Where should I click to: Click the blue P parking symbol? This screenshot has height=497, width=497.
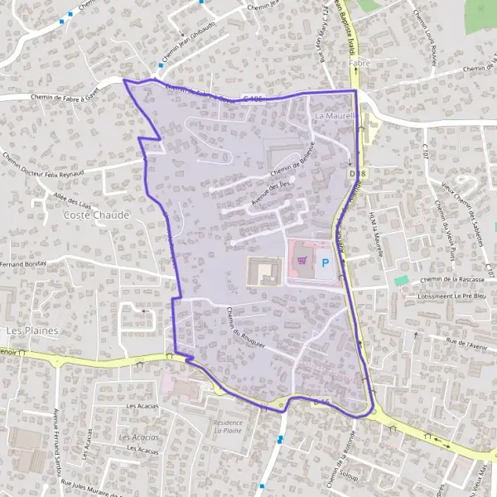[x=325, y=263]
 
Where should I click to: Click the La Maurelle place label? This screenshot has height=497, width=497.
[x=335, y=116]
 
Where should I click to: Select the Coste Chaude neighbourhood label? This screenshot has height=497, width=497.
[x=96, y=215]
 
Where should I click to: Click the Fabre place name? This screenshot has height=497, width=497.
[x=358, y=63]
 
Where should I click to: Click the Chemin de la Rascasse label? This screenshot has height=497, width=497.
[x=451, y=280]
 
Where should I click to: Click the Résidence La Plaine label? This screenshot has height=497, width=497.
[x=228, y=427]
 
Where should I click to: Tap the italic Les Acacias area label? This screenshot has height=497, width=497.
[x=138, y=437]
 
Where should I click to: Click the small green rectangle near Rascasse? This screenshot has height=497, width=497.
[x=402, y=281]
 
